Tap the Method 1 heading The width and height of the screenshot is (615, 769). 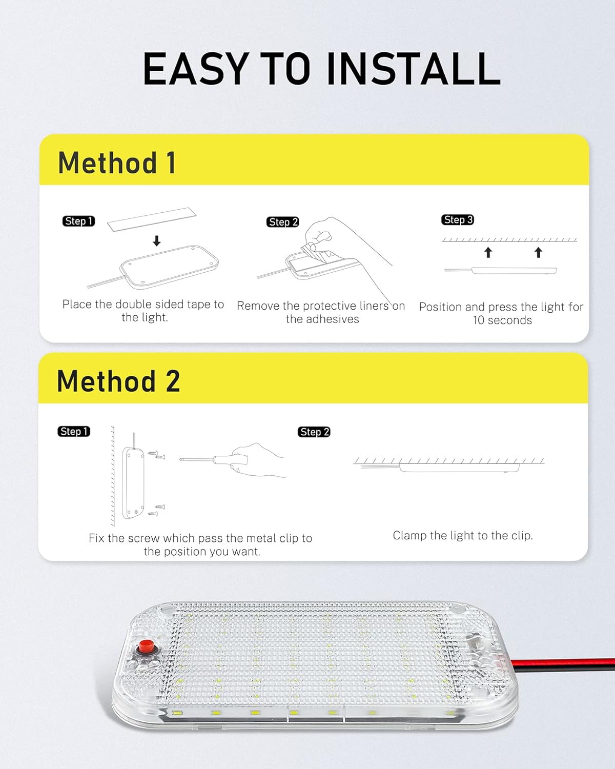117,163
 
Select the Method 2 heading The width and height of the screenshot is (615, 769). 118,381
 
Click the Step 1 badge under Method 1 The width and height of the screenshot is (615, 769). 78,221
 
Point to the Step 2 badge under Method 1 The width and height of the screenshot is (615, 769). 282,222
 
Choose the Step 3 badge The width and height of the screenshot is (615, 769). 457,220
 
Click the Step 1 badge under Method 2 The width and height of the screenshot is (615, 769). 74,432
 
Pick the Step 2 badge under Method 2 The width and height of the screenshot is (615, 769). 314,432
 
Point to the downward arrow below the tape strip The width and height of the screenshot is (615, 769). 157,241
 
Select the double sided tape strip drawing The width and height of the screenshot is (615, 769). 152,219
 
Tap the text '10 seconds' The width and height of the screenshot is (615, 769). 502,320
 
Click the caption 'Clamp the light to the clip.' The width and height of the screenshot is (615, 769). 463,536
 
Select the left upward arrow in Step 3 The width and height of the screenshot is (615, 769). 488,252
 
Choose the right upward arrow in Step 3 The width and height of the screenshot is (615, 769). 538,252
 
